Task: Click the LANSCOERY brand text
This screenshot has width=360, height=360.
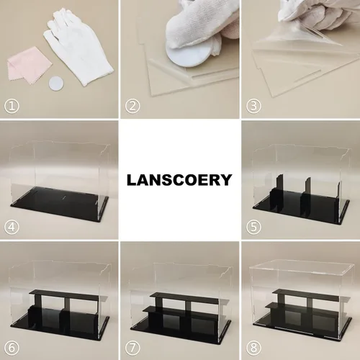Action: click(x=179, y=180)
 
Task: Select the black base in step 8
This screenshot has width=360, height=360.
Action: click(x=302, y=328)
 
